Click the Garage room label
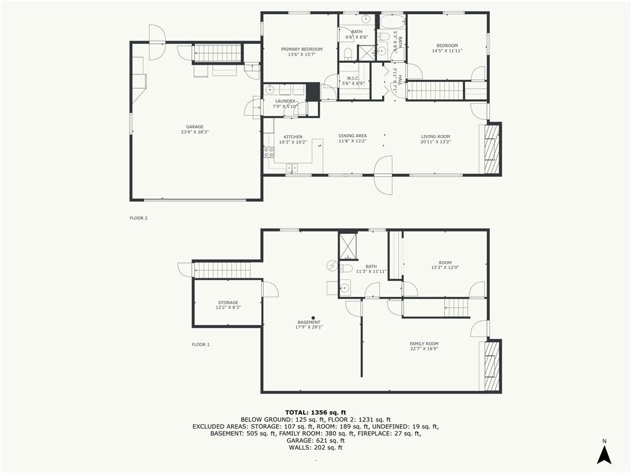coord(195,127)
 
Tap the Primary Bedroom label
coord(301,49)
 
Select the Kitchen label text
coord(293,137)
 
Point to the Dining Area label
coord(352,136)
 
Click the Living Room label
coord(436,137)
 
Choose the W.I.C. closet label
coord(353,78)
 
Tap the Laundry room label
coord(285,102)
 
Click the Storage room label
coord(228,302)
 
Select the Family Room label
coord(424,344)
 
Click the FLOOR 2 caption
coord(139,218)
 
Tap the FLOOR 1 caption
coord(201,344)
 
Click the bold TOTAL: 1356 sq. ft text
coord(315,412)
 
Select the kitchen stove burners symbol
coord(269,152)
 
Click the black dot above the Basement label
coord(312,318)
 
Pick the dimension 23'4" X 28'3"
coord(195,132)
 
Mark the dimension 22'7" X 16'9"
coord(424,349)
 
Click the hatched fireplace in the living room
coord(491,149)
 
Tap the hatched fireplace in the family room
coord(491,366)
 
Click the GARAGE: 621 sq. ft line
coord(315,440)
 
